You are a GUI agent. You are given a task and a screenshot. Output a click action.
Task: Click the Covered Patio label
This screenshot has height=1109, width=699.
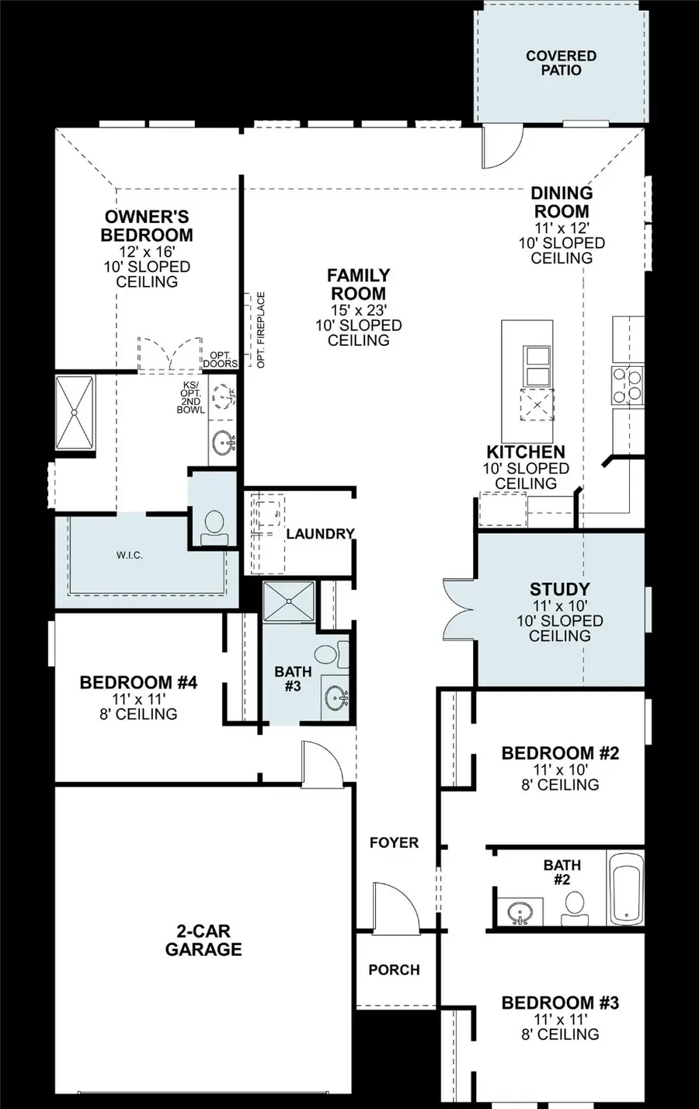pos(561,63)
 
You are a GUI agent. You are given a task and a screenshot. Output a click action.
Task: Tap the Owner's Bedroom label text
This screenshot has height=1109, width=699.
pos(147,226)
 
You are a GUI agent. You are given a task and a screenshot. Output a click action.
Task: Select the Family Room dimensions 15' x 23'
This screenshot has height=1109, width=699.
pos(358,309)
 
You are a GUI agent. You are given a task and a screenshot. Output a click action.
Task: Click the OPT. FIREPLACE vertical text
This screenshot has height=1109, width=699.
pos(261,330)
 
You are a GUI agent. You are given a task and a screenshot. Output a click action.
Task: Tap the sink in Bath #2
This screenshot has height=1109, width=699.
pos(518,910)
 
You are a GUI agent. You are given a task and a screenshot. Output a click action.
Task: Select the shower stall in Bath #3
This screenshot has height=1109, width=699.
pos(288,601)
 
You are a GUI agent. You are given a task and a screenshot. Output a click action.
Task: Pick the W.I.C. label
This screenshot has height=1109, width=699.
pos(130,555)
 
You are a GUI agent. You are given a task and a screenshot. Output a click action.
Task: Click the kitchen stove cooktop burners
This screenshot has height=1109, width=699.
pos(627,384)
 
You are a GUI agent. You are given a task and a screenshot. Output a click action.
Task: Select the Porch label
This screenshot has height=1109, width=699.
pos(394,970)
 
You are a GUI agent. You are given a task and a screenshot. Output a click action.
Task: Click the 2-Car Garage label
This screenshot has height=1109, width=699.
pos(203,940)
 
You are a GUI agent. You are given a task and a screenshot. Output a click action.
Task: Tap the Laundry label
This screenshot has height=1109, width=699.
pos(320,534)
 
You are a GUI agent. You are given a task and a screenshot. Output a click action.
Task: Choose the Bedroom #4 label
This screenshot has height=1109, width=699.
pos(138,682)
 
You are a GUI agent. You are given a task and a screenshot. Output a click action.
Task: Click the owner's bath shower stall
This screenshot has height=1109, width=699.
pos(75,413)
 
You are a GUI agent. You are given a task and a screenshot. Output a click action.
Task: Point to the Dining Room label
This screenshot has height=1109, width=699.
pos(562,202)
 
